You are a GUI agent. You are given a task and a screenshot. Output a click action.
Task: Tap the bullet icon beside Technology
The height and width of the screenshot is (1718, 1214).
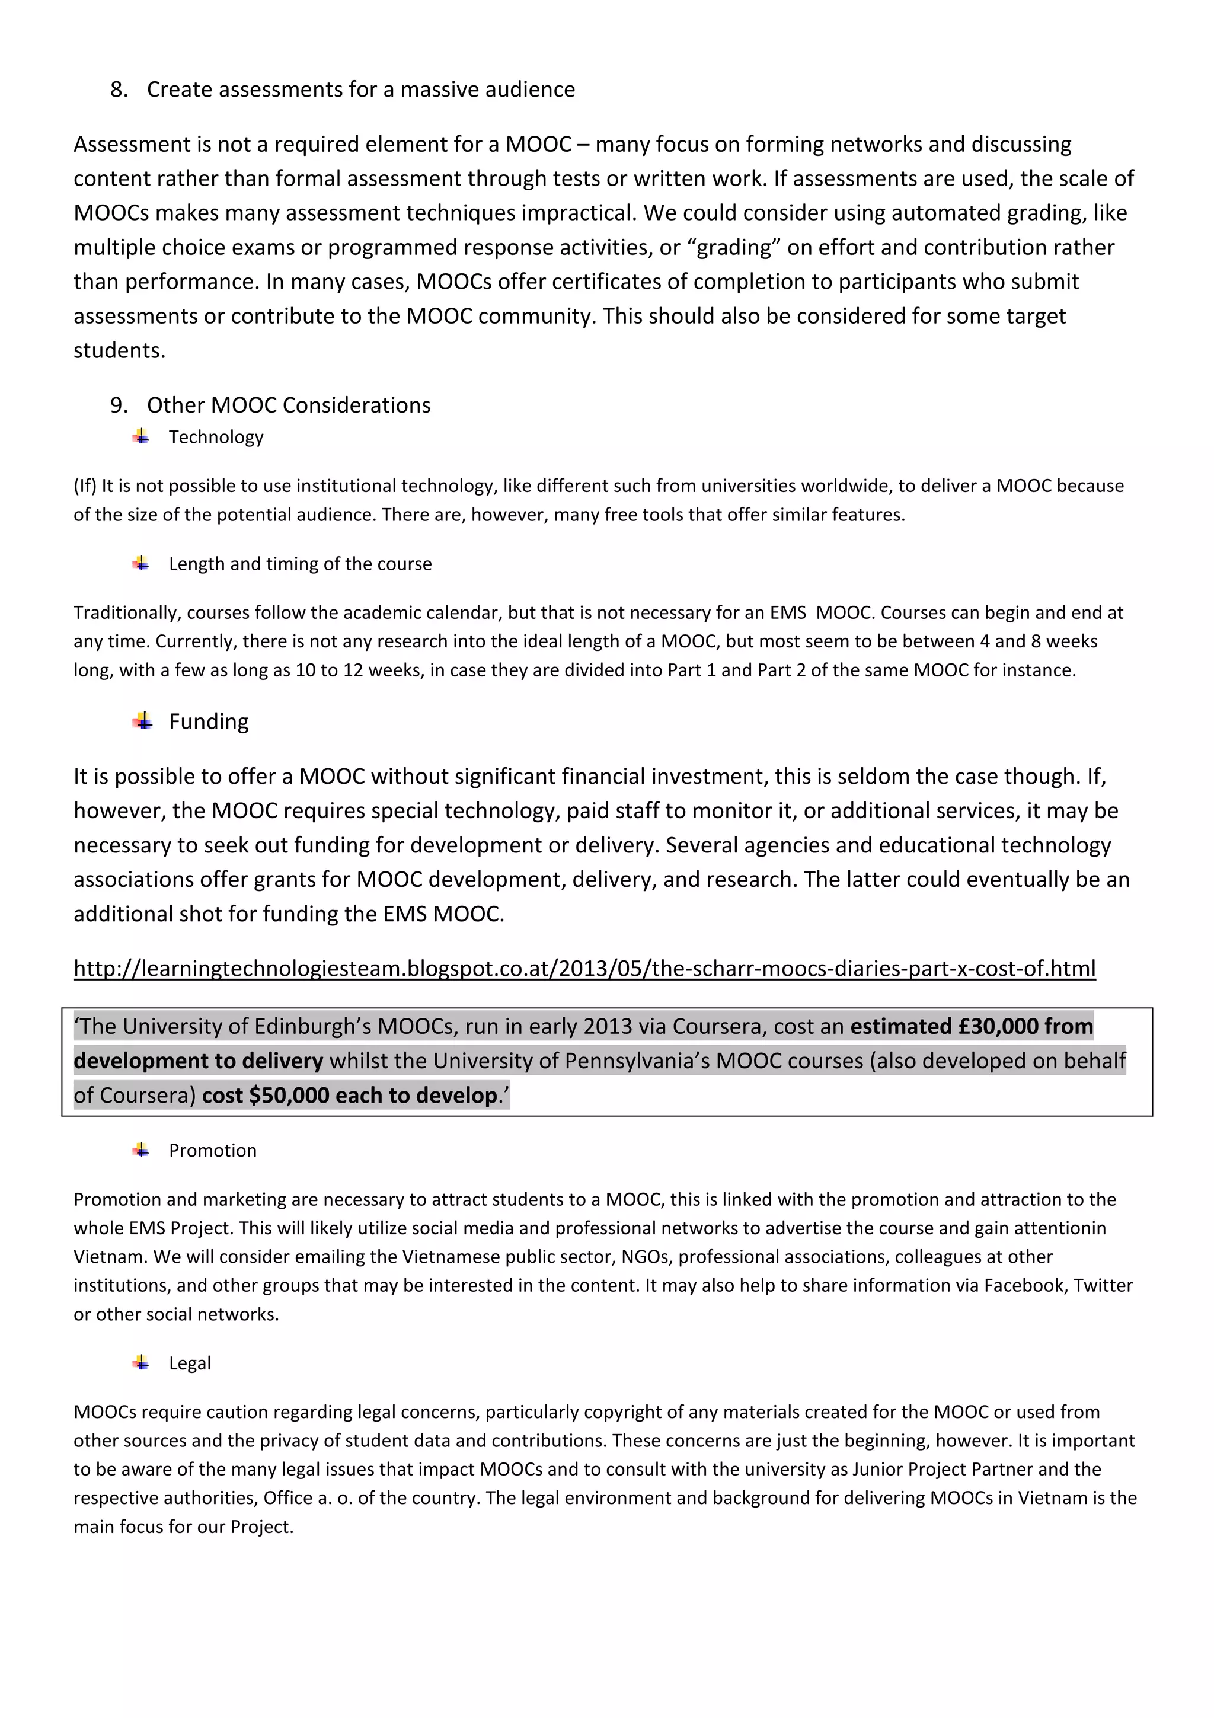pyautogui.click(x=140, y=437)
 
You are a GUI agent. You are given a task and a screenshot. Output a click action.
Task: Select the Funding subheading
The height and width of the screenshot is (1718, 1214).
pyautogui.click(x=209, y=722)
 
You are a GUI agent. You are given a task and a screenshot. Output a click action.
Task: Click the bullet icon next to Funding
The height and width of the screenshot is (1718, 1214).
pyautogui.click(x=142, y=722)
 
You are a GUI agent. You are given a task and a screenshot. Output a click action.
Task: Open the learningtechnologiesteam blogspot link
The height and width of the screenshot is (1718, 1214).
pyautogui.click(x=584, y=969)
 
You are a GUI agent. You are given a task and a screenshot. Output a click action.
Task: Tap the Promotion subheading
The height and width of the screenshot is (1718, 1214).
pyautogui.click(x=212, y=1151)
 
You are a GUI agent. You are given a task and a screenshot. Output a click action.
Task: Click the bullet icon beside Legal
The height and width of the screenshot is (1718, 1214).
pyautogui.click(x=140, y=1363)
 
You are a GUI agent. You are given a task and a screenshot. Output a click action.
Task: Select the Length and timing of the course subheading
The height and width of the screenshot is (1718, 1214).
pyautogui.click(x=300, y=564)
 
